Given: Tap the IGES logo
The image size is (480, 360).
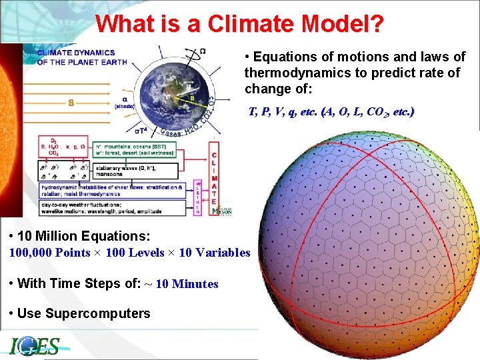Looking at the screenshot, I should [35, 346].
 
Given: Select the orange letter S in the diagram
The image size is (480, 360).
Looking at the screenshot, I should [70, 103].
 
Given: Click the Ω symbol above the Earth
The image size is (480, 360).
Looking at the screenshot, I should [202, 51].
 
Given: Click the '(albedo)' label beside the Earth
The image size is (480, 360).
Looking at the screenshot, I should [125, 106].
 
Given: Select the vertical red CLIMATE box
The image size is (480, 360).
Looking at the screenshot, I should [215, 177].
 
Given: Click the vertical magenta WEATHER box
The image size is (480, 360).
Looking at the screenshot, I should [198, 197].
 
